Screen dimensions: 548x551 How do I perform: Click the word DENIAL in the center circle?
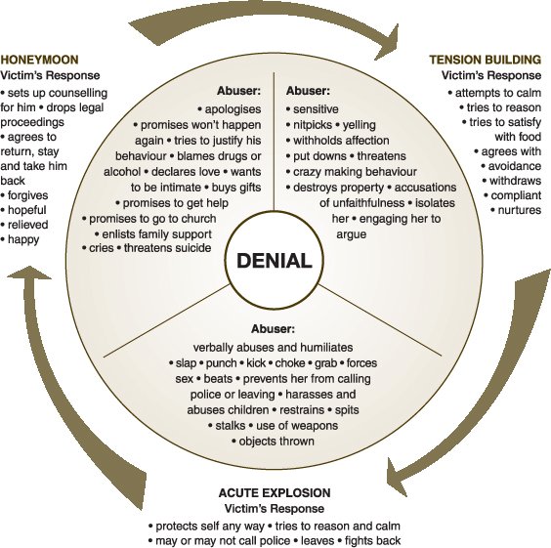[x=274, y=261]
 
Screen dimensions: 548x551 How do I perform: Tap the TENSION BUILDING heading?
[x=485, y=60]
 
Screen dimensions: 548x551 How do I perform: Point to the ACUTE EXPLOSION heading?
[x=273, y=492]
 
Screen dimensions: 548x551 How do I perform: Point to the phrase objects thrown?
[x=275, y=442]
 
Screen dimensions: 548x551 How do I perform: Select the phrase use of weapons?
[x=298, y=426]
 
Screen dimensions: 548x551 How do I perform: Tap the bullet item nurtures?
[x=515, y=210]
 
